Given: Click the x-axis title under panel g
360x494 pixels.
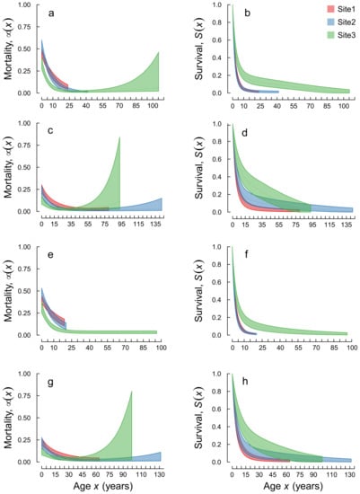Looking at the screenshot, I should (x=100, y=485).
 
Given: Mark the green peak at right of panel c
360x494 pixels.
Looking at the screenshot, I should (x=120, y=137).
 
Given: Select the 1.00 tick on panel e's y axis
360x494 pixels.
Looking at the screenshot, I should (x=30, y=247).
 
